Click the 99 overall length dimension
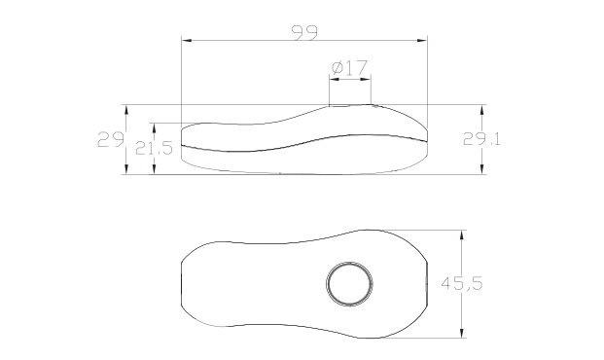pos(304,33)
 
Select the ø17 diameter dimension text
pos(349,68)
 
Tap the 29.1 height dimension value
pos(481,139)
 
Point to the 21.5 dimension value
pos(154,148)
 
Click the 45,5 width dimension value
pos(461,283)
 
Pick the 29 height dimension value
pos(111,139)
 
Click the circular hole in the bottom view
pos(350,284)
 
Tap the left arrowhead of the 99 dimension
pos(187,40)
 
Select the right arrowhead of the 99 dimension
pos(422,40)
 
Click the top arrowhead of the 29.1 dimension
pos(481,110)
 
